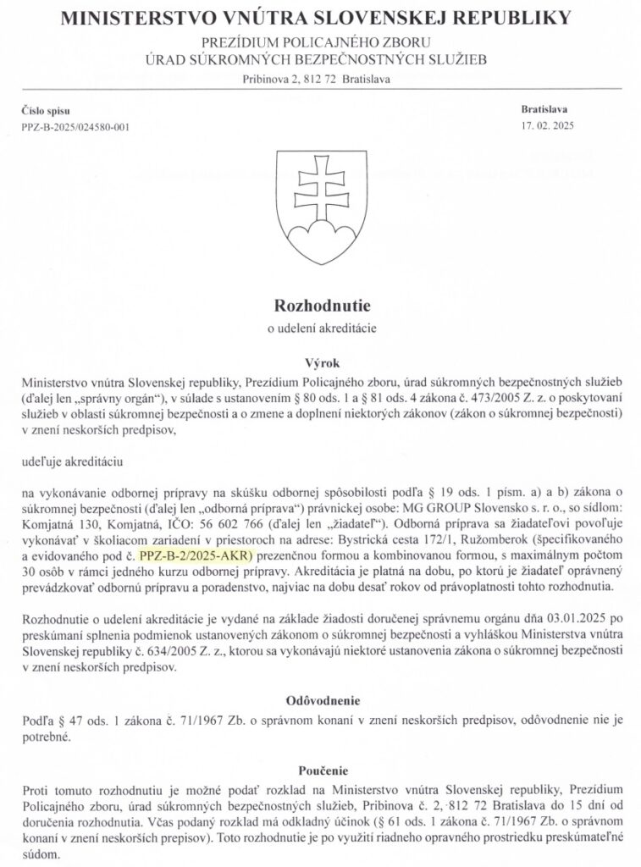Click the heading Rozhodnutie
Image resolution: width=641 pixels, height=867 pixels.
tap(320, 303)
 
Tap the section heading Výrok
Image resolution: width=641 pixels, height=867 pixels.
tap(320, 359)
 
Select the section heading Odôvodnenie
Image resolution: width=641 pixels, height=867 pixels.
tap(320, 700)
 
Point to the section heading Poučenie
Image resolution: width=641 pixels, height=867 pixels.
tap(320, 770)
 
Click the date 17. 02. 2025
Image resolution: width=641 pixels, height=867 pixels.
tap(546, 126)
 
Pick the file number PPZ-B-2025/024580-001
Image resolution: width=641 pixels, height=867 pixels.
tap(76, 127)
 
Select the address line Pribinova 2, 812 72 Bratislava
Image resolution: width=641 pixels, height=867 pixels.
tap(320, 79)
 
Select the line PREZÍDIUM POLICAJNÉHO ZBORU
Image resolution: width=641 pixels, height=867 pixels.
tap(320, 42)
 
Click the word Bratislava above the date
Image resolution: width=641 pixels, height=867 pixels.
tap(545, 110)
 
